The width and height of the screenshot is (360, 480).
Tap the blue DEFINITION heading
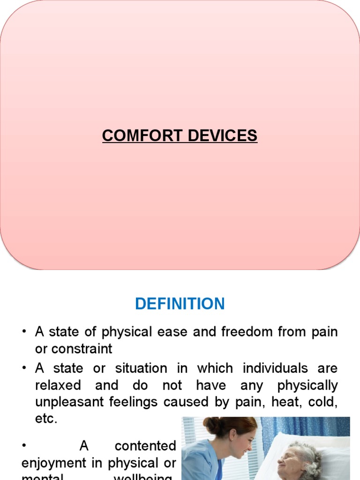click(180, 304)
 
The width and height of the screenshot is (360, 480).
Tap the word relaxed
click(58, 385)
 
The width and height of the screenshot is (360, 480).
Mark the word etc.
click(46, 419)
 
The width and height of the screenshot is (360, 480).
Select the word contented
click(145, 446)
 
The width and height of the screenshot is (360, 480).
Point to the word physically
click(307, 385)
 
